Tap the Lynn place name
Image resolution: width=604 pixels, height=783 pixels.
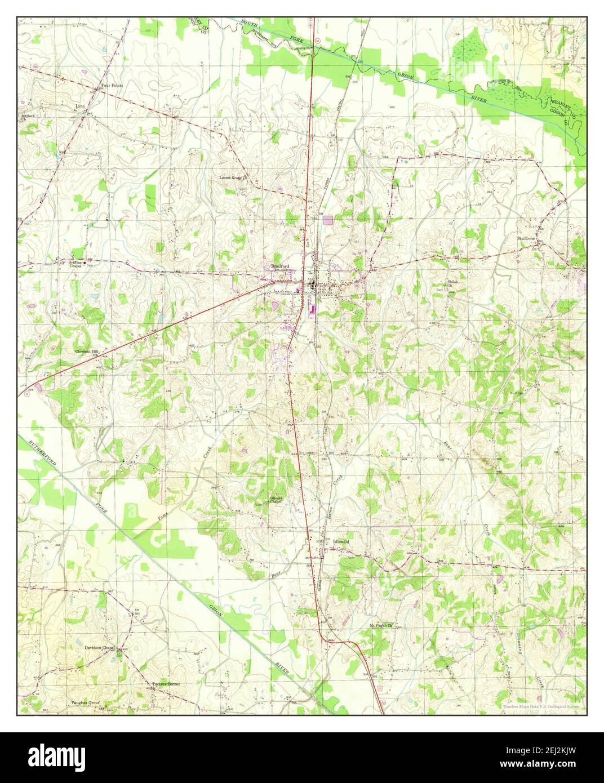pyautogui.click(x=80, y=106)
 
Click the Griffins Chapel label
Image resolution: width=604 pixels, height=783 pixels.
pyautogui.click(x=75, y=264)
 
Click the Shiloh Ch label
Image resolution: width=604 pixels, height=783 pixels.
pyautogui.click(x=451, y=283)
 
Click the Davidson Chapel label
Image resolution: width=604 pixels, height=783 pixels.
pyautogui.click(x=99, y=648)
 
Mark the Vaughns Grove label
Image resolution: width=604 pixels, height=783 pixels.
pyautogui.click(x=85, y=704)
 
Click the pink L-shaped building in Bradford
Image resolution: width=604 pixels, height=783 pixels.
pyautogui.click(x=311, y=309)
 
